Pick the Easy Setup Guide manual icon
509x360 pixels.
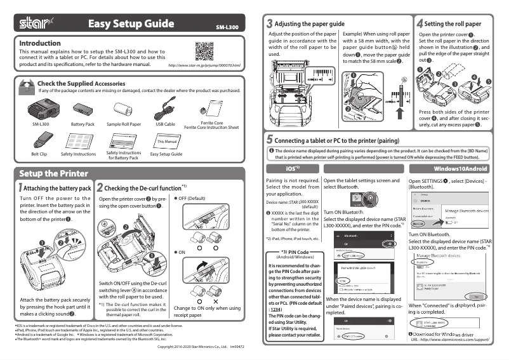tap(166, 140)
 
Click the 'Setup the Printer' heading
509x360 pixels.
tap(53, 173)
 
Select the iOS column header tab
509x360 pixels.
tap(292, 169)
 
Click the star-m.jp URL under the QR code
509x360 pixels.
tap(204, 65)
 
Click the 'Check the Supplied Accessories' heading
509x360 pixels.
tap(81, 83)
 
